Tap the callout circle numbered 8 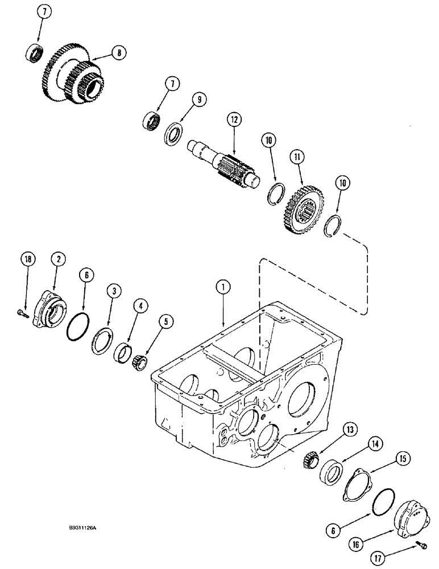pos(118,53)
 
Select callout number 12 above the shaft pos(233,120)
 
